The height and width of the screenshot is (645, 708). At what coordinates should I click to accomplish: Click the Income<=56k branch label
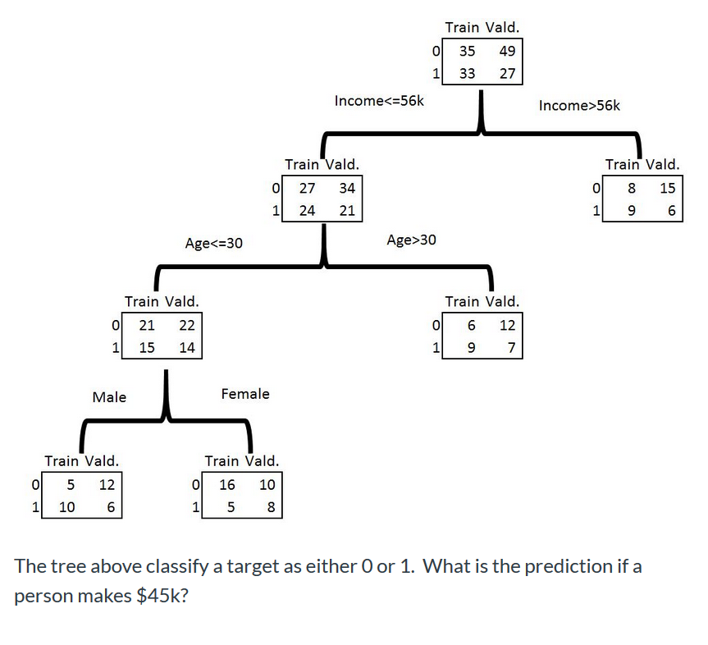[x=378, y=101]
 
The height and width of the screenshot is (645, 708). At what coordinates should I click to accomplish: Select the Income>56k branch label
[x=579, y=105]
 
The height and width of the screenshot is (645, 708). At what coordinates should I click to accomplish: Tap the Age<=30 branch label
[x=213, y=243]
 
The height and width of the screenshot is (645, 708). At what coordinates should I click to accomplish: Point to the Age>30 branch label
[x=411, y=240]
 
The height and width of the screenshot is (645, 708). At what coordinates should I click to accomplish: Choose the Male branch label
[x=109, y=397]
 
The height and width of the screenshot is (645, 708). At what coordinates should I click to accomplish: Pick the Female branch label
[x=245, y=394]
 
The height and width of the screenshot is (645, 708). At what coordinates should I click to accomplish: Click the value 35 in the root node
[x=467, y=52]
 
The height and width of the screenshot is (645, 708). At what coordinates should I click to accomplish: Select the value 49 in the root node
[x=507, y=52]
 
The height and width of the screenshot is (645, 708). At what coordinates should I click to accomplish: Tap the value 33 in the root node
[x=467, y=74]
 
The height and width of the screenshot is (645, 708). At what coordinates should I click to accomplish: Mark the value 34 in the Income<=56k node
[x=347, y=188]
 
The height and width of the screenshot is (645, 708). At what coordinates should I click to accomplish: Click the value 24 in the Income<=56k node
[x=307, y=210]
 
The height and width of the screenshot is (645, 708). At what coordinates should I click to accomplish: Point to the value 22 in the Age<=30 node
[x=186, y=325]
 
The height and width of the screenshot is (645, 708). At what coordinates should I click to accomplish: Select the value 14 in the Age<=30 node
[x=186, y=347]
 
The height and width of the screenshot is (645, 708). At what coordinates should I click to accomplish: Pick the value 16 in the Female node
[x=227, y=484]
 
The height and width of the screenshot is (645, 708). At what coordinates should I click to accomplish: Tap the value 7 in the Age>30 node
[x=510, y=347]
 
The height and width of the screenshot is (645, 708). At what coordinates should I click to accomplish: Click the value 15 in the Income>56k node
[x=668, y=188]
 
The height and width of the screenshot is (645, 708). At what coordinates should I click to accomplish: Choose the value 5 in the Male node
[x=71, y=484]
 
